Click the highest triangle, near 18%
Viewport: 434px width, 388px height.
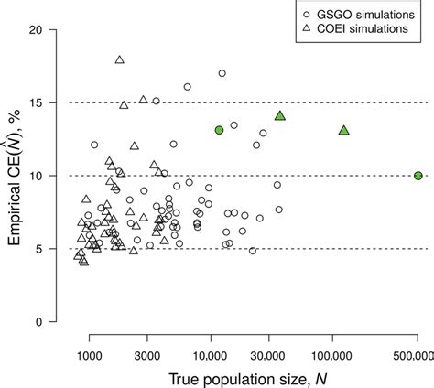[120, 59]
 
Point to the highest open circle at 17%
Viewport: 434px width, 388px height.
[222, 73]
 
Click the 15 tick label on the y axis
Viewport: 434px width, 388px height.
[52, 102]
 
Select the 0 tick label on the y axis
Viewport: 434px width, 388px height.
[56, 322]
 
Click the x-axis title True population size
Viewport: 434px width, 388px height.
[244, 377]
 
